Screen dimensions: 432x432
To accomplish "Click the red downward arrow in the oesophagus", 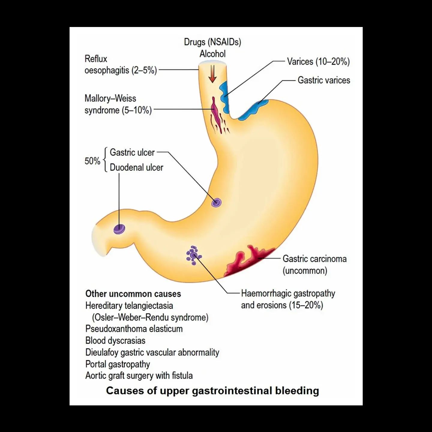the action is coord(212,74).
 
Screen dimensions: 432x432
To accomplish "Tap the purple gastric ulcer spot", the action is coord(216,202).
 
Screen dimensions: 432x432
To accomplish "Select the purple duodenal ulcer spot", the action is coord(119,229).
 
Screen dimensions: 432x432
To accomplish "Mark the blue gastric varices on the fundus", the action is coord(253,110).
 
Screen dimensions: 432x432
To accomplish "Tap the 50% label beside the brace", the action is coord(92,161).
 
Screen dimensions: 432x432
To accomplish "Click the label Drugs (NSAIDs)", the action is coord(212,42).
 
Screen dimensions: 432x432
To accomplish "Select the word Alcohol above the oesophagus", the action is coord(212,54).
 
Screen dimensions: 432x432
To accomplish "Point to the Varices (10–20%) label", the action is coord(318,61).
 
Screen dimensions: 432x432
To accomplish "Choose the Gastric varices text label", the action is coord(324,80).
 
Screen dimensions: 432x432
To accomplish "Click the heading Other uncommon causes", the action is coord(133,294).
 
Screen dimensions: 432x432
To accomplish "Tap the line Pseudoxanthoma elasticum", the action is coord(134,329).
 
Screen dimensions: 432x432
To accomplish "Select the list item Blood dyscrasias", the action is coord(115,340).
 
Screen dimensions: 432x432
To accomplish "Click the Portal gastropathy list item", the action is coord(118,364).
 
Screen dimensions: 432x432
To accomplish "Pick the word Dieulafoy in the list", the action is coord(102,352).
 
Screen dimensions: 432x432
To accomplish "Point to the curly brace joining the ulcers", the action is coord(105,160).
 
